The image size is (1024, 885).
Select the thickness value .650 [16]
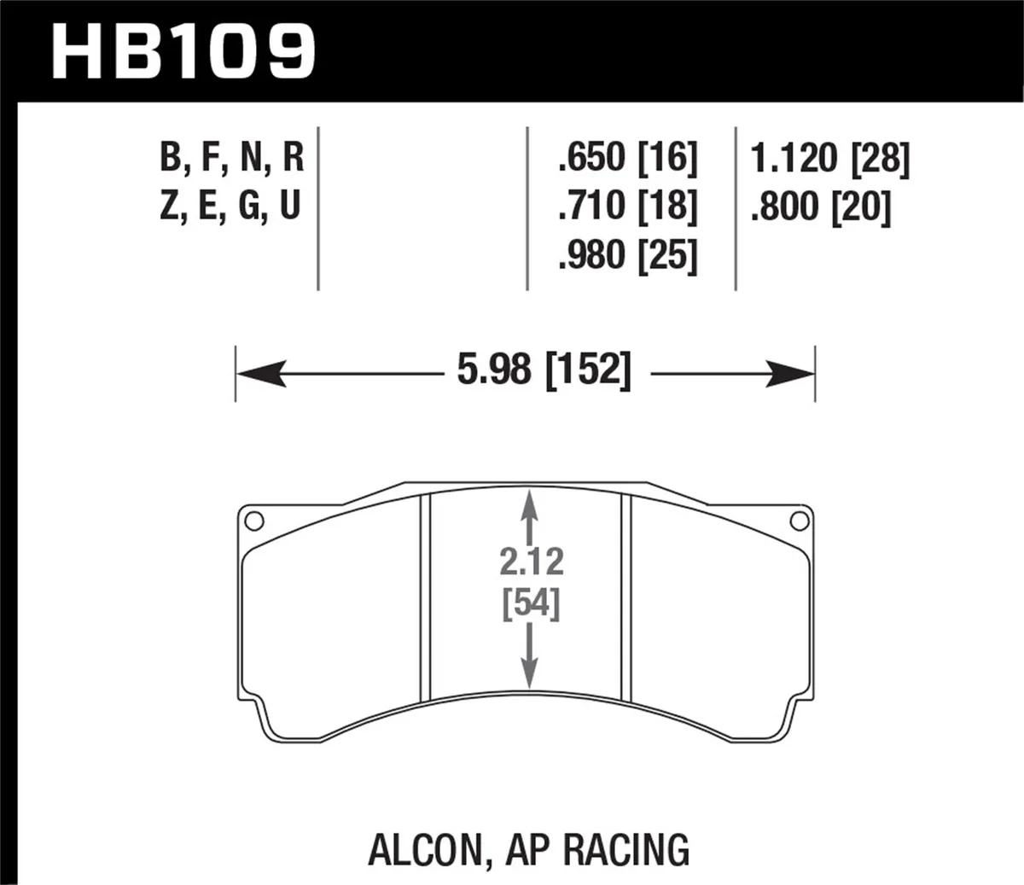pyautogui.click(x=626, y=158)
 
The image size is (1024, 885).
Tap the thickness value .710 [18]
pyautogui.click(x=626, y=207)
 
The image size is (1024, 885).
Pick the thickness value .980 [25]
pyautogui.click(x=626, y=255)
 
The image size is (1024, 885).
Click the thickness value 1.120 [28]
pyautogui.click(x=829, y=158)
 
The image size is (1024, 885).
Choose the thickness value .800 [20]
pyautogui.click(x=819, y=207)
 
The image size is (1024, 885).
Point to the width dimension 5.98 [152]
pyautogui.click(x=544, y=372)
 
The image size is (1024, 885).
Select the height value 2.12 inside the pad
pyautogui.click(x=532, y=562)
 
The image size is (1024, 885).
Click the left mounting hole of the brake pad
pyautogui.click(x=253, y=520)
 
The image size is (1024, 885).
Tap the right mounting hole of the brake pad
pyautogui.click(x=799, y=520)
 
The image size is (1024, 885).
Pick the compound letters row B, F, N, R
pyautogui.click(x=231, y=158)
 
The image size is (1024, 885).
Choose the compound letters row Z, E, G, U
pyautogui.click(x=231, y=207)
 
